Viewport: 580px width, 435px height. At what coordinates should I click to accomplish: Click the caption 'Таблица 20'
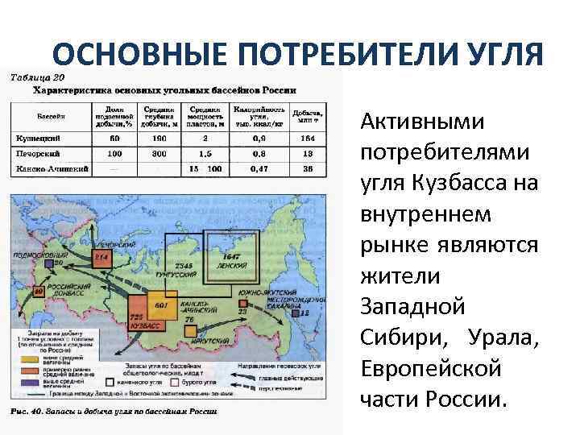click(x=36, y=77)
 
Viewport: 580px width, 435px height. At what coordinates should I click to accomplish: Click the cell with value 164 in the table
click(x=309, y=139)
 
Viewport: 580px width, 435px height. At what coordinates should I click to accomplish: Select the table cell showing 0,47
click(x=259, y=168)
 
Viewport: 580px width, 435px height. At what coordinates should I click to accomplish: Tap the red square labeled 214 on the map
click(x=101, y=257)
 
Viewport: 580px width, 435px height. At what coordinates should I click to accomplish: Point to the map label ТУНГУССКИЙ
click(x=181, y=275)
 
